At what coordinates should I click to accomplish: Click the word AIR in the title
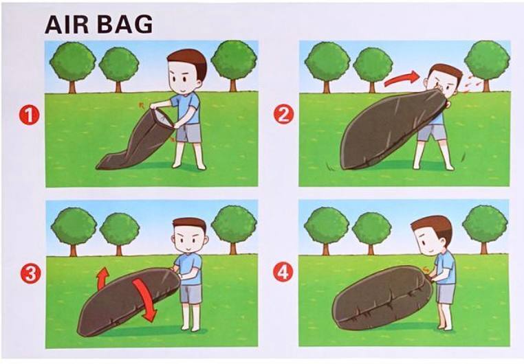point(65,25)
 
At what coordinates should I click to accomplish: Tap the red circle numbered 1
point(29,115)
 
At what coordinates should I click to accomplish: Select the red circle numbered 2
point(284,114)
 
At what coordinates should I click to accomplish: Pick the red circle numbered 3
point(31,274)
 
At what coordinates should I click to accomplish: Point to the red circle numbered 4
point(283,273)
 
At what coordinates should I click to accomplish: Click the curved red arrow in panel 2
point(401,79)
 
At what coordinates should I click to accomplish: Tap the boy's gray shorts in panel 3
point(190,294)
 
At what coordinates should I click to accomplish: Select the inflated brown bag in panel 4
point(382,297)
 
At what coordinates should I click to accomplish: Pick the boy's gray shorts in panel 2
point(432,132)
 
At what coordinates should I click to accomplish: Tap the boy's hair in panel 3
point(190,224)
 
